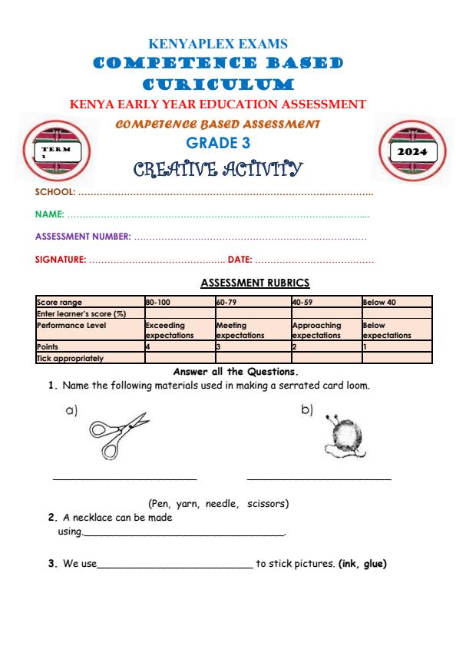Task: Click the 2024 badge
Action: pos(415,152)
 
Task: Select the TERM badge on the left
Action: pos(56,151)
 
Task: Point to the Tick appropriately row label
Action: pos(70,357)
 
